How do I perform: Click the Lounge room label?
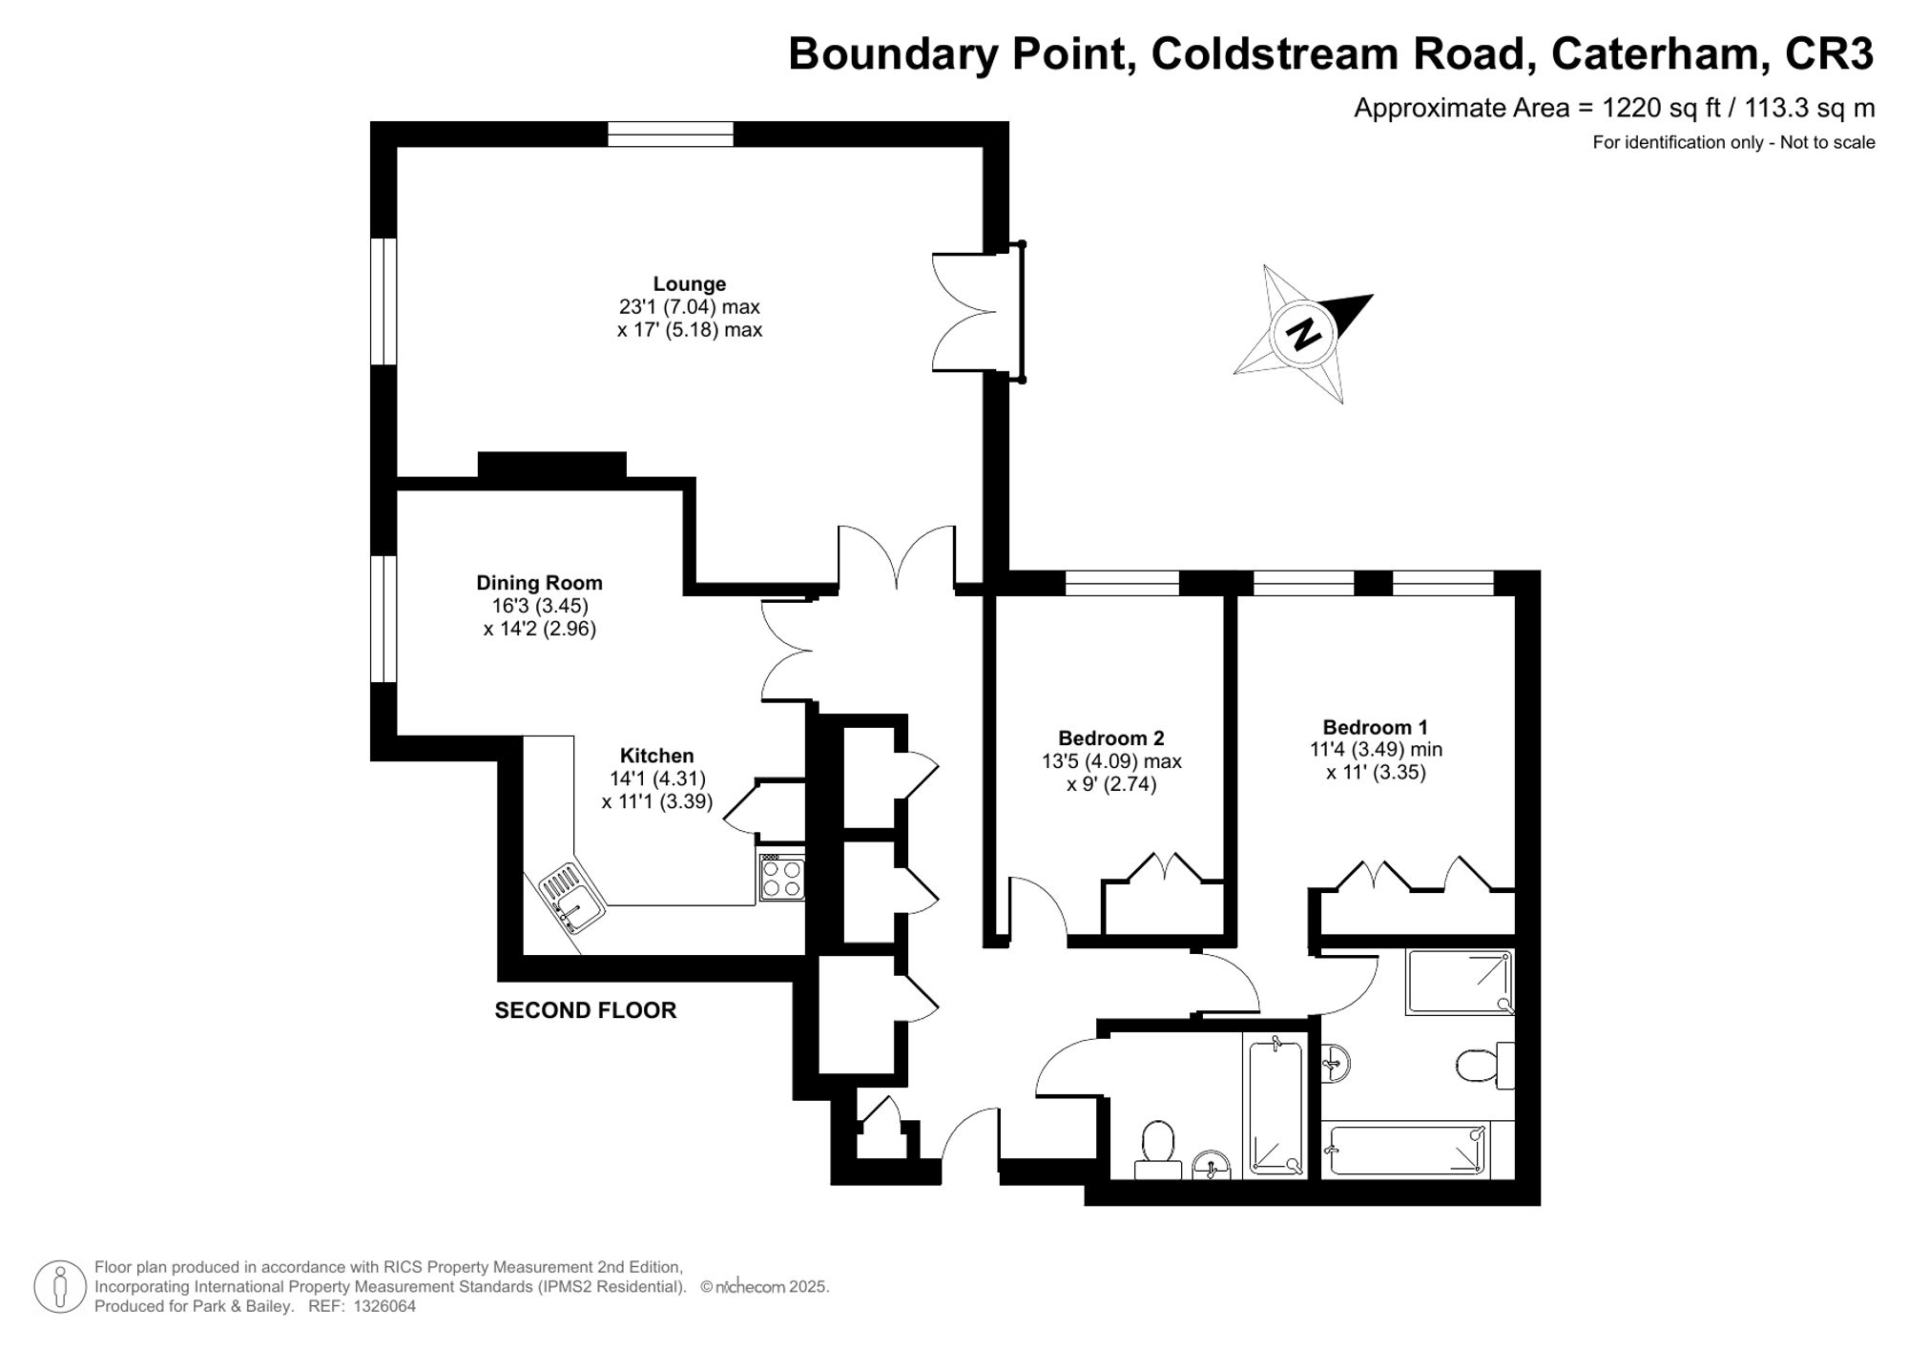point(689,283)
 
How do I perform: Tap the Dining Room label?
point(539,582)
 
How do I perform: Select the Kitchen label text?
point(656,756)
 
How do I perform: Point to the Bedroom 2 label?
point(1110,737)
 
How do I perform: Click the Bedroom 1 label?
point(1375,727)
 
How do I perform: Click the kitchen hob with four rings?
point(781,878)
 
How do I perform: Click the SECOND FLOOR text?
point(585,1010)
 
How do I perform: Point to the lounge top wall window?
point(671,135)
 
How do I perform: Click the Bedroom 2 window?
point(1122,582)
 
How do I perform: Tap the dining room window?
point(384,619)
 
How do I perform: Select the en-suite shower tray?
point(1459,982)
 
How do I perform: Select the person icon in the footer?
point(60,1287)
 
